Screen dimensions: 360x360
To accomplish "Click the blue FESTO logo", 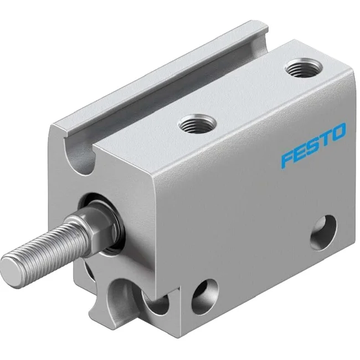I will [x=313, y=146].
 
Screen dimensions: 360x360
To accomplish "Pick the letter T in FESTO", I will [x=326, y=139].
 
